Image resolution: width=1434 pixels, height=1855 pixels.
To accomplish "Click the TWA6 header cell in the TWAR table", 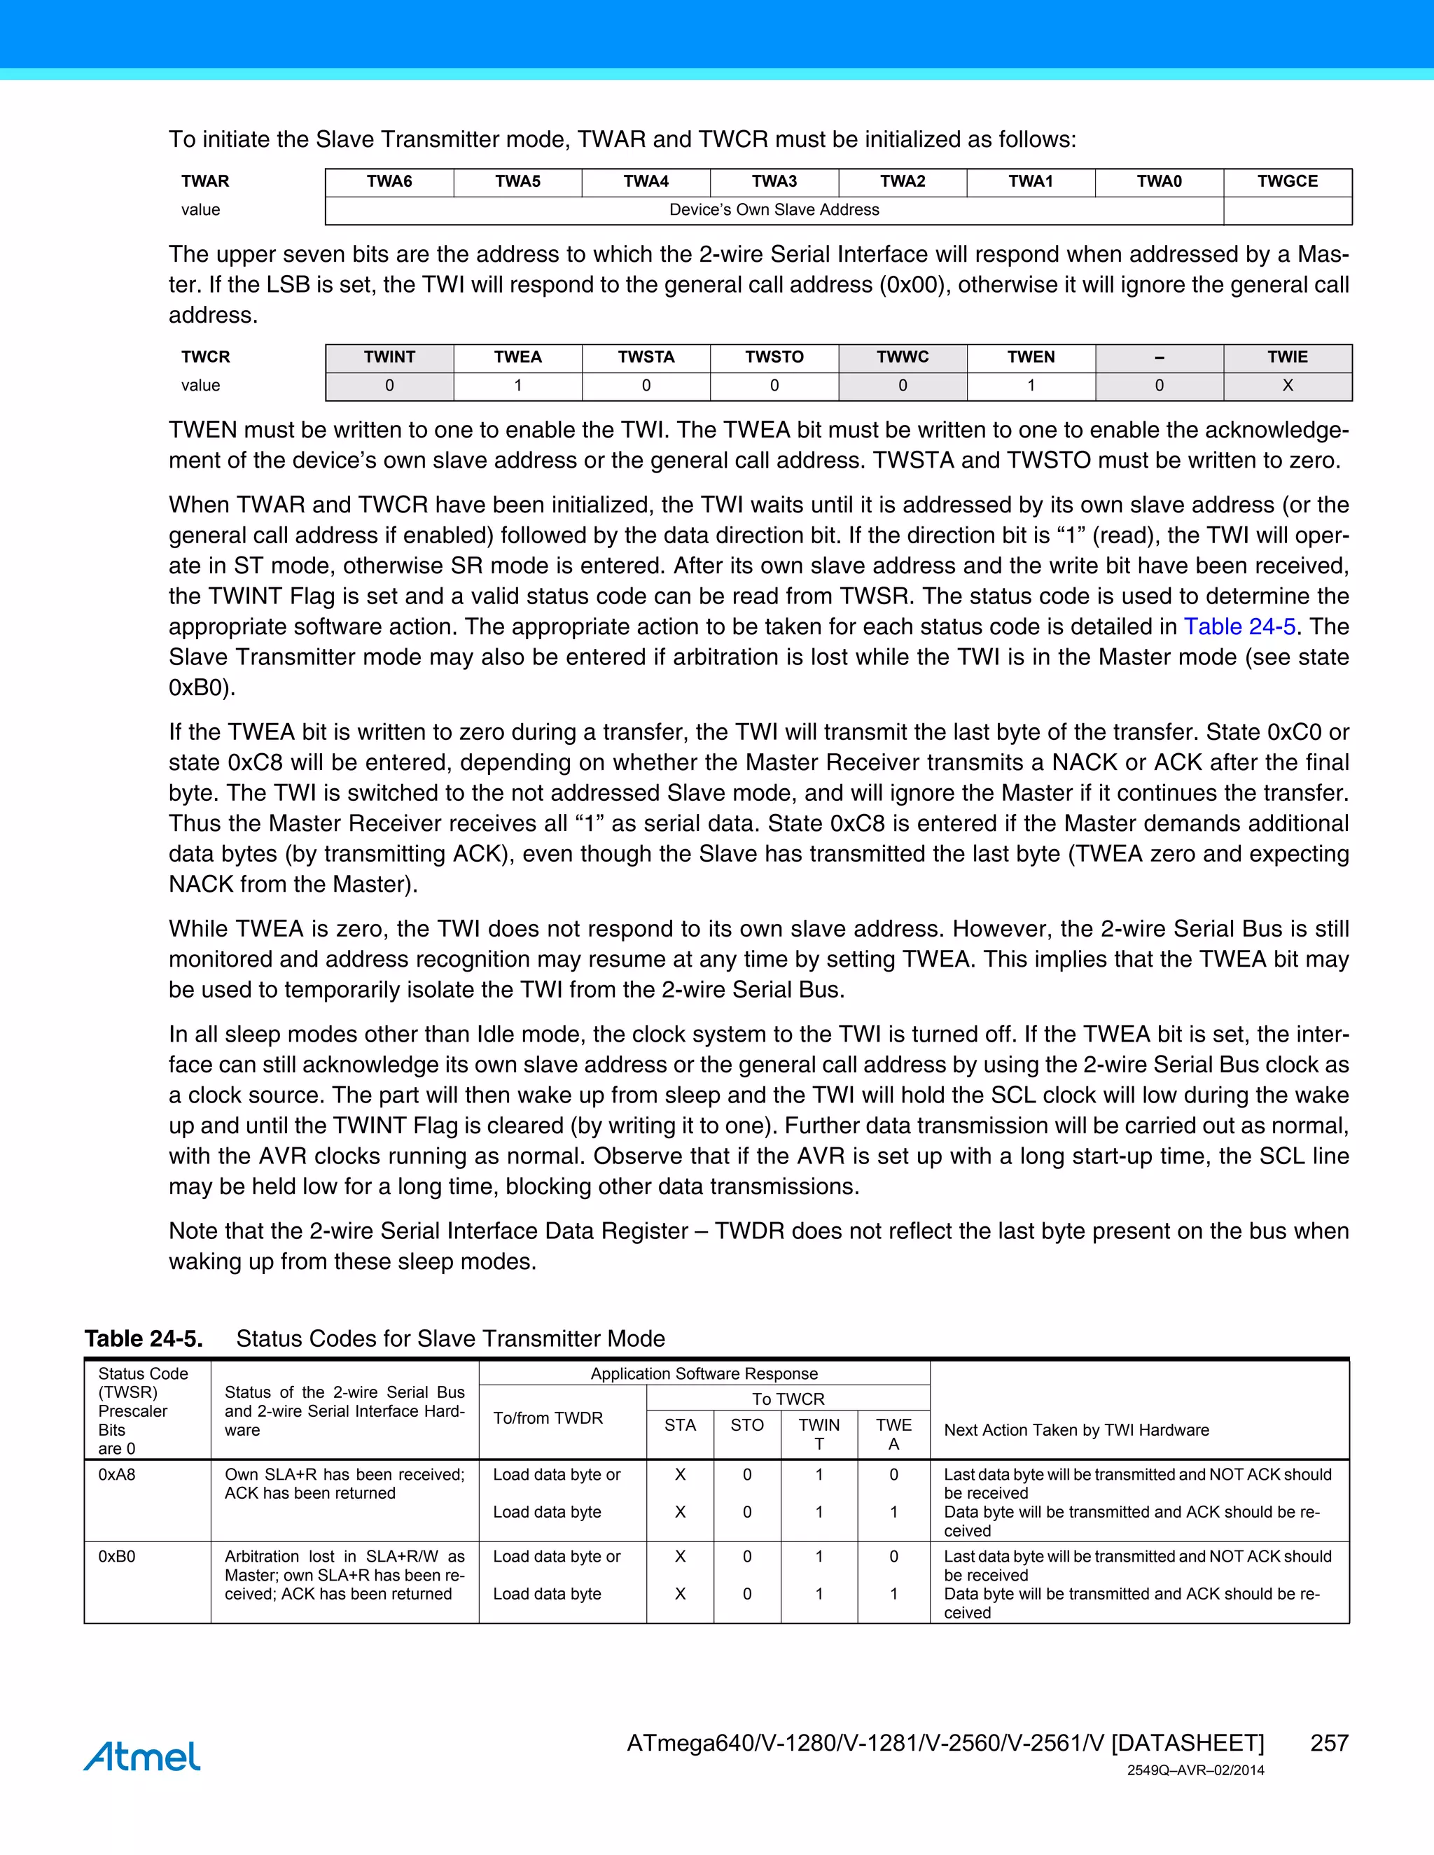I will coord(389,182).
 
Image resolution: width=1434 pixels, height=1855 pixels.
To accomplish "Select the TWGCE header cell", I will coord(1287,182).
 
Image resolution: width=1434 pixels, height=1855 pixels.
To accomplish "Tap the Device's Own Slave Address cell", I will coord(774,210).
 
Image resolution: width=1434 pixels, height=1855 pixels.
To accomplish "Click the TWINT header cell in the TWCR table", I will coord(389,358).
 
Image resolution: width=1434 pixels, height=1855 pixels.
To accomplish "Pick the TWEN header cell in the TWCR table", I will coord(1031,358).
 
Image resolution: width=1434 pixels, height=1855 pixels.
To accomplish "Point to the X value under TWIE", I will coord(1287,386).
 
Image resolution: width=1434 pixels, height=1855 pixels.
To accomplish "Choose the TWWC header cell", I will coord(902,358).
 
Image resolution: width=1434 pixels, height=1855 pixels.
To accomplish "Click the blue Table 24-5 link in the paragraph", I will coord(1239,626).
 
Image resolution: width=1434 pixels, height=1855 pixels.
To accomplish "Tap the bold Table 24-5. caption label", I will coord(144,1338).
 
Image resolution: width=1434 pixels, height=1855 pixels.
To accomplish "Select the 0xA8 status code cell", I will coord(117,1474).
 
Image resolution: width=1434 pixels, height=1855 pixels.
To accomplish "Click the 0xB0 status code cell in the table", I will coord(117,1556).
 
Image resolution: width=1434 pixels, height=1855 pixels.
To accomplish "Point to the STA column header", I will coord(680,1425).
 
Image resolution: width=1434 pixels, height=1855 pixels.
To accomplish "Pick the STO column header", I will coord(746,1425).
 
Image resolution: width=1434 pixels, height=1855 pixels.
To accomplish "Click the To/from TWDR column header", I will coord(548,1417).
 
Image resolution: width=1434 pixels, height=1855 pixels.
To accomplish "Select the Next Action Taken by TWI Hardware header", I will coord(1076,1429).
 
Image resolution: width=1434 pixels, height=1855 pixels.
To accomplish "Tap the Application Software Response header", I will coord(704,1373).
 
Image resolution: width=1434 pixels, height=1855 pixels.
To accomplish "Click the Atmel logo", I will coord(142,1756).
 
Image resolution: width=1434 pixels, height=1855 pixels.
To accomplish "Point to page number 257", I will coord(1329,1743).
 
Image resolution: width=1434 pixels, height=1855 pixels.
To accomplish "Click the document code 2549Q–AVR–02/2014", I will coord(1195,1771).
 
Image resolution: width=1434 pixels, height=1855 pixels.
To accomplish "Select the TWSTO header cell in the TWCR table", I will coord(774,358).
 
